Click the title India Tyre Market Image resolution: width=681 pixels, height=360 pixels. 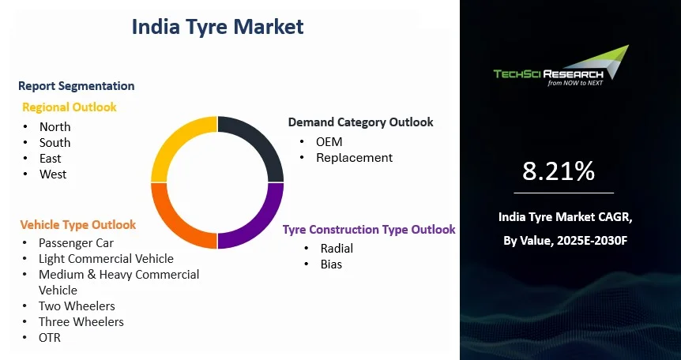click(x=217, y=27)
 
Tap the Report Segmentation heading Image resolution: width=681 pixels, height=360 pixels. click(x=76, y=86)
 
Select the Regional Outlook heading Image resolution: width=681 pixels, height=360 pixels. click(x=70, y=107)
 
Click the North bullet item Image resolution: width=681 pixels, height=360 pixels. click(x=55, y=127)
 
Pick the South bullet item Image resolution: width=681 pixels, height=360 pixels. click(x=55, y=143)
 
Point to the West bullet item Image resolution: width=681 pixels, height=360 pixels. click(x=53, y=174)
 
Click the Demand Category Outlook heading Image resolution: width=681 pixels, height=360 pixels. click(x=360, y=122)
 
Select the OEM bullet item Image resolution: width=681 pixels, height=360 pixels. click(x=329, y=141)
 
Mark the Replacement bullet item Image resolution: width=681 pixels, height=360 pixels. click(x=354, y=158)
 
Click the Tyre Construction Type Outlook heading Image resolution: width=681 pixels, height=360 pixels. click(x=369, y=230)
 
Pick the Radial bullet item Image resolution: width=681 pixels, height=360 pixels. click(x=337, y=249)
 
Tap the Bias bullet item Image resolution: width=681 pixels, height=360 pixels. click(x=331, y=264)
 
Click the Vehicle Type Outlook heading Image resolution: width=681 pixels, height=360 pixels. click(x=78, y=225)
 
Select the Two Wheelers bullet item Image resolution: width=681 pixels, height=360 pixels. click(x=77, y=306)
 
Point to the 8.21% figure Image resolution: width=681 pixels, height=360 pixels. click(x=559, y=171)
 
